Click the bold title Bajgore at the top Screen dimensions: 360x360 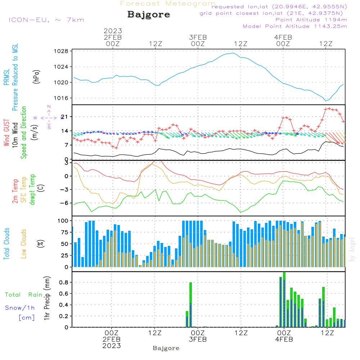coord(149,14)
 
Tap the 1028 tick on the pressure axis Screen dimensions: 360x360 coord(61,51)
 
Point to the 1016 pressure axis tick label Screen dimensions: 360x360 coord(61,98)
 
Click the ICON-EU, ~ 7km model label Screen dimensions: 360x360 coord(46,20)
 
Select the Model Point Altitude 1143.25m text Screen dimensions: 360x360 coord(295,26)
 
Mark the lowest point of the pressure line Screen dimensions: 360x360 coord(325,101)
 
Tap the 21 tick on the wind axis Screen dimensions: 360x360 coord(64,117)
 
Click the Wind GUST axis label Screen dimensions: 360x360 coord(6,133)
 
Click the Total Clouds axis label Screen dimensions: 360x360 coord(6,244)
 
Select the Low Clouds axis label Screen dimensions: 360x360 coord(24,244)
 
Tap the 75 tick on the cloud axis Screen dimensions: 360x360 coord(64,232)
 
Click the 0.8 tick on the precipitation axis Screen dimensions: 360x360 coord(64,282)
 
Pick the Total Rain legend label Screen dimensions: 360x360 coord(24,295)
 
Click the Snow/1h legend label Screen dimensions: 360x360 coord(20,308)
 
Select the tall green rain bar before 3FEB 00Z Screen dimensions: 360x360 coord(190,305)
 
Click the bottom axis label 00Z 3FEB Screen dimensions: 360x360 coord(198,336)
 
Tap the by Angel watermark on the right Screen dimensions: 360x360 coord(352,249)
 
